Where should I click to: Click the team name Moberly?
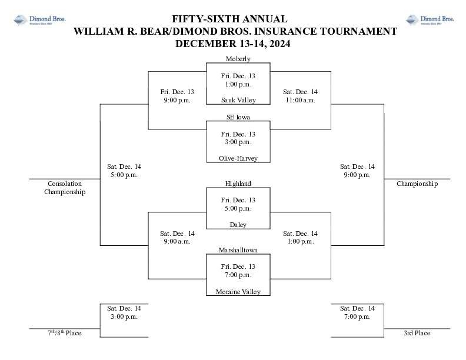[238, 59]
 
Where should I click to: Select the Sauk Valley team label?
[238, 100]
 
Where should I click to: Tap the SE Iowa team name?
[238, 117]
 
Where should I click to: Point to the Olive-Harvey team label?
[238, 158]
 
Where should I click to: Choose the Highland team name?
[238, 184]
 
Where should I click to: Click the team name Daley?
[238, 225]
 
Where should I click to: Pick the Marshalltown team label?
[238, 250]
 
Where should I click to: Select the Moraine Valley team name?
[238, 292]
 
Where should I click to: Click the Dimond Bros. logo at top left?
[39, 20]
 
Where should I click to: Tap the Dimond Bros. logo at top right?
[430, 20]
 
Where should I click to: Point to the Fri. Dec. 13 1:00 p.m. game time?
[238, 80]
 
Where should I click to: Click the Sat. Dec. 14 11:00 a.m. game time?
[299, 96]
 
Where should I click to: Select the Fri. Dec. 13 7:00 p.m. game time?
[238, 271]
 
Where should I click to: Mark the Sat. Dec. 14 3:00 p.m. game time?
[124, 312]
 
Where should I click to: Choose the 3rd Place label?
[417, 334]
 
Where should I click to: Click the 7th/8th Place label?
[65, 334]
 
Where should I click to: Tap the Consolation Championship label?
[65, 188]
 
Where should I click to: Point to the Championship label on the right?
[417, 184]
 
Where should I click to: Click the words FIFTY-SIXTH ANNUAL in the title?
[229, 19]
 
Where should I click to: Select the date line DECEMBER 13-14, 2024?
[233, 44]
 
